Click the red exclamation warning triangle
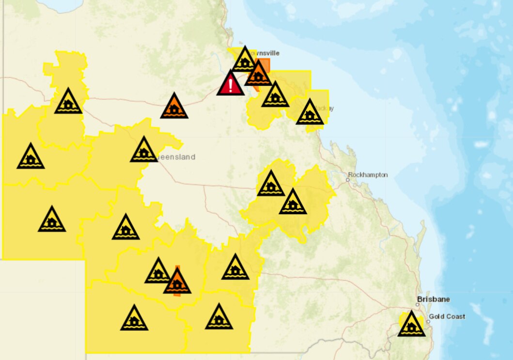[231, 84]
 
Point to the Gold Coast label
[447, 316]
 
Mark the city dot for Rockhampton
[348, 180]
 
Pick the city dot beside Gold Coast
[428, 321]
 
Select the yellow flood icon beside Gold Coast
[411, 325]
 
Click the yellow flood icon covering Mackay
[310, 113]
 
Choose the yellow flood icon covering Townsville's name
[245, 61]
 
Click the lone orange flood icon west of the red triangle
[174, 107]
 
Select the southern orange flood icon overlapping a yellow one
[177, 282]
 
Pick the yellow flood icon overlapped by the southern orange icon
[158, 272]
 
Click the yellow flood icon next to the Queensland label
[144, 151]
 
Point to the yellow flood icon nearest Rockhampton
[293, 203]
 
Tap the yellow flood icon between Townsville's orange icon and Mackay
[275, 95]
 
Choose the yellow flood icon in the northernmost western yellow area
[68, 102]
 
